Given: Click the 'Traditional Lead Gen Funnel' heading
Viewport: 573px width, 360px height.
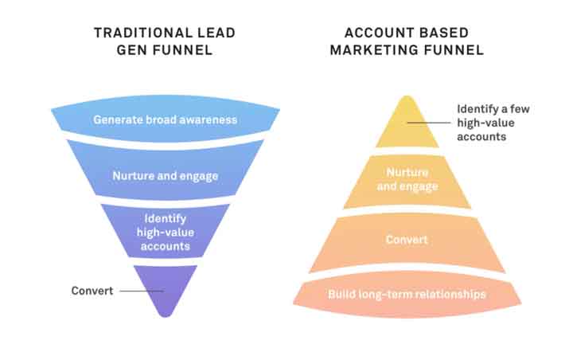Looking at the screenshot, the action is pos(165,41).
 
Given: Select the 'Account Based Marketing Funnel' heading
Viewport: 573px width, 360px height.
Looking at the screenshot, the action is pos(407,41).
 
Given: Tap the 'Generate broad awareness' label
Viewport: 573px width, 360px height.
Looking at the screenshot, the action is pos(166,119).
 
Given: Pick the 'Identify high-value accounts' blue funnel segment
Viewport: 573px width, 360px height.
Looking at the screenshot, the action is pos(166,231).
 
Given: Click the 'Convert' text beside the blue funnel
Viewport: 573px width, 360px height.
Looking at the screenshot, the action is pos(92,291).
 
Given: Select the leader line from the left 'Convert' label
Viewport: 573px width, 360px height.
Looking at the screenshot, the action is pos(142,292).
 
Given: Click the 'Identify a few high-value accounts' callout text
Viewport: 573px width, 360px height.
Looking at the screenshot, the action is pos(493,123).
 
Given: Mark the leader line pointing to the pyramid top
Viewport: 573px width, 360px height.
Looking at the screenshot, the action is pos(429,123).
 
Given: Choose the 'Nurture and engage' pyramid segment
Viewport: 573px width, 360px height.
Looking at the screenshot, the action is pos(407,182).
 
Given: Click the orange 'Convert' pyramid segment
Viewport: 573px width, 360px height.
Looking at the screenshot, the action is pos(407,242).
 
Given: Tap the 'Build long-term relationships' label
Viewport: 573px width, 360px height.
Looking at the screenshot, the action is pos(407,294).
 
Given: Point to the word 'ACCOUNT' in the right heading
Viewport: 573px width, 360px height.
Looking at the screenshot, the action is pos(377,33).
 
